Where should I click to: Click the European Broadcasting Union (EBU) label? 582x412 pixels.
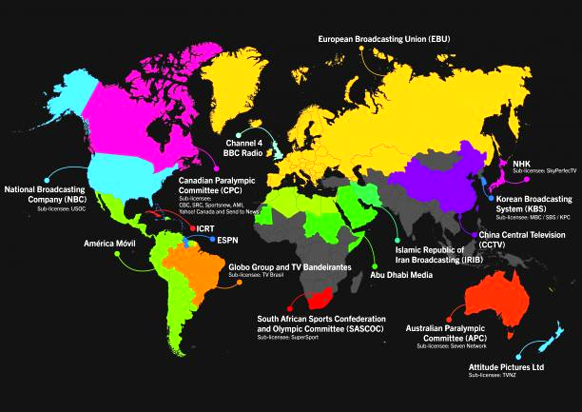[x=385, y=39]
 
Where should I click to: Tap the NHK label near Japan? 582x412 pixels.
[x=521, y=163]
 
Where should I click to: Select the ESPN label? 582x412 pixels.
[x=228, y=241]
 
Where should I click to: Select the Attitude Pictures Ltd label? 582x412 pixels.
[x=506, y=366]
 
